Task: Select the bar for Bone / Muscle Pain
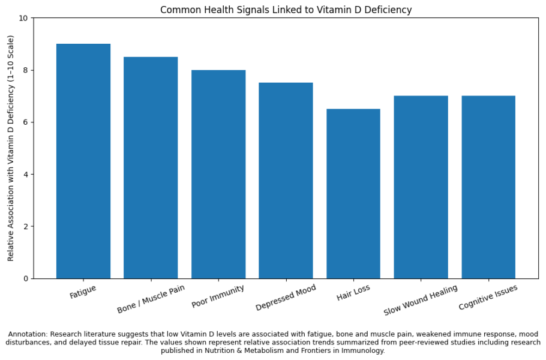151,167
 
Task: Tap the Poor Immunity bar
218,174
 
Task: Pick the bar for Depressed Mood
286,181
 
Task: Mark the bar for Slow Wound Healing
421,187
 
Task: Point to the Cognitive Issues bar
488,187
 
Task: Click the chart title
286,10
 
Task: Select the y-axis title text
10,148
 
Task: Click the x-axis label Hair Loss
354,292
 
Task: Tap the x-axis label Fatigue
83,292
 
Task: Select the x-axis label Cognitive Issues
488,298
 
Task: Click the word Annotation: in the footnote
28,334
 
